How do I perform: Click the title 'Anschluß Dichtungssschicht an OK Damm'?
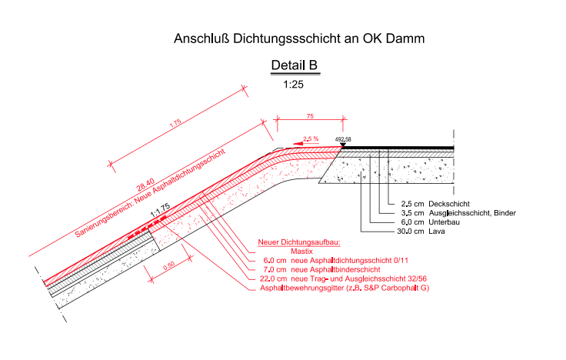tap(299, 38)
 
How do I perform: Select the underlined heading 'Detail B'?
tap(295, 65)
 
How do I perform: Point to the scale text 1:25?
tap(294, 85)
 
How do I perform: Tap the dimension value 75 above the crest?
tap(310, 116)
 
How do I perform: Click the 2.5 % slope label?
tap(311, 138)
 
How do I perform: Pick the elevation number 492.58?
tap(343, 139)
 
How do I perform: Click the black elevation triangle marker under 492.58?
tap(342, 145)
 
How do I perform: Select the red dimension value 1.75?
tap(175, 123)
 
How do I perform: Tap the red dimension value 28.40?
tap(145, 185)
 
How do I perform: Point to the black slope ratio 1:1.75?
tap(160, 211)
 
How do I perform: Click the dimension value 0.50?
tap(168, 265)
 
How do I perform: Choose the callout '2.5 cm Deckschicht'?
tap(435, 204)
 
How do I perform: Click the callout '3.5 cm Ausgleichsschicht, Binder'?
tap(458, 213)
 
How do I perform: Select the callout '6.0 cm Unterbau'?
tap(431, 222)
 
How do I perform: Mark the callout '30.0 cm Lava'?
tap(421, 232)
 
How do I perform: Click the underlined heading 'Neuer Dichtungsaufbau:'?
tap(299, 242)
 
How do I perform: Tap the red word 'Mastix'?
tap(301, 252)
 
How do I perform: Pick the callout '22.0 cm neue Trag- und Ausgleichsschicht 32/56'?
tap(343, 278)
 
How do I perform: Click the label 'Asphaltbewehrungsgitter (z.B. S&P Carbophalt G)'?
tap(345, 288)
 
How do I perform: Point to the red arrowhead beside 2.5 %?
tap(298, 144)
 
